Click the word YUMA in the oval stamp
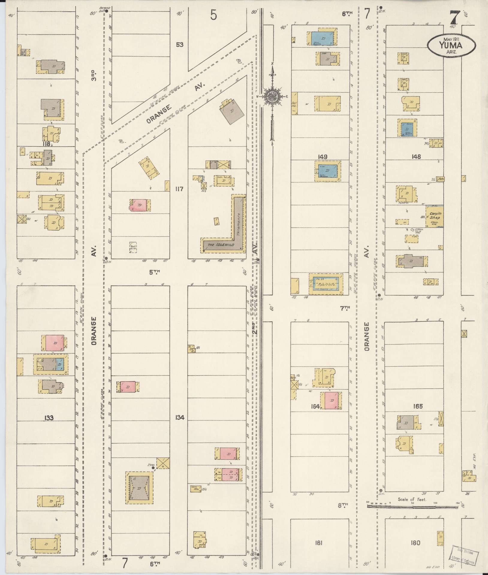click(x=451, y=45)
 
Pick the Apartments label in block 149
click(x=326, y=282)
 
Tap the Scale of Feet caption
click(x=412, y=499)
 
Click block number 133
click(x=48, y=417)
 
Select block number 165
click(x=418, y=406)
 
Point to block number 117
click(x=179, y=189)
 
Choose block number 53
click(x=179, y=45)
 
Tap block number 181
click(x=318, y=543)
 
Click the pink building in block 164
click(x=331, y=400)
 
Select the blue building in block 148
click(x=407, y=129)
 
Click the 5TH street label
click(x=155, y=272)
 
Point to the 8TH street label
click(x=343, y=506)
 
